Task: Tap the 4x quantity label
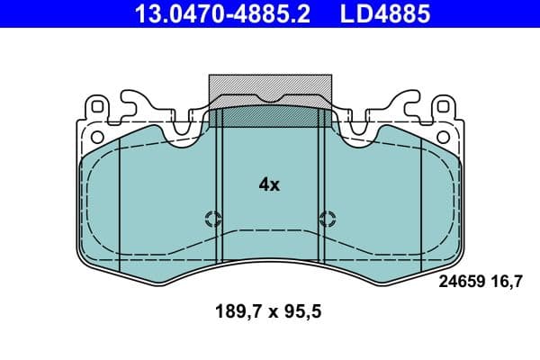pos(269,184)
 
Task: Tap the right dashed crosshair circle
pos(327,218)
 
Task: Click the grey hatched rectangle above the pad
pos(270,91)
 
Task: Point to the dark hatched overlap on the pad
pos(270,117)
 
